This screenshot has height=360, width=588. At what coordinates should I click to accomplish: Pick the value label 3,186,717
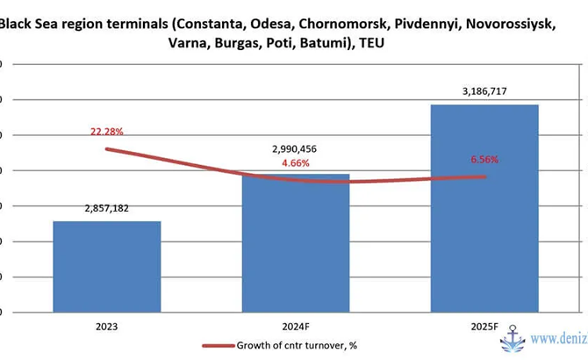click(484, 92)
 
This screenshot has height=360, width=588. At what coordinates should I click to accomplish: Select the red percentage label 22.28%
click(107, 132)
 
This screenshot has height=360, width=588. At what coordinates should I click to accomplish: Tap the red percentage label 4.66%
click(296, 163)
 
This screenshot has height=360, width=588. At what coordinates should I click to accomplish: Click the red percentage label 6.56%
click(484, 160)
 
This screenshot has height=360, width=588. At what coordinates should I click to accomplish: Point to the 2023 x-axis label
click(107, 326)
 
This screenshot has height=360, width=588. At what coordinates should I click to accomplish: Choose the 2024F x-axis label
click(296, 326)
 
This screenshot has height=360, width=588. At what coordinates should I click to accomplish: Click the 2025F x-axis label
click(484, 326)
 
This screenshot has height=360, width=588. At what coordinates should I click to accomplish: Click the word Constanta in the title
click(211, 24)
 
